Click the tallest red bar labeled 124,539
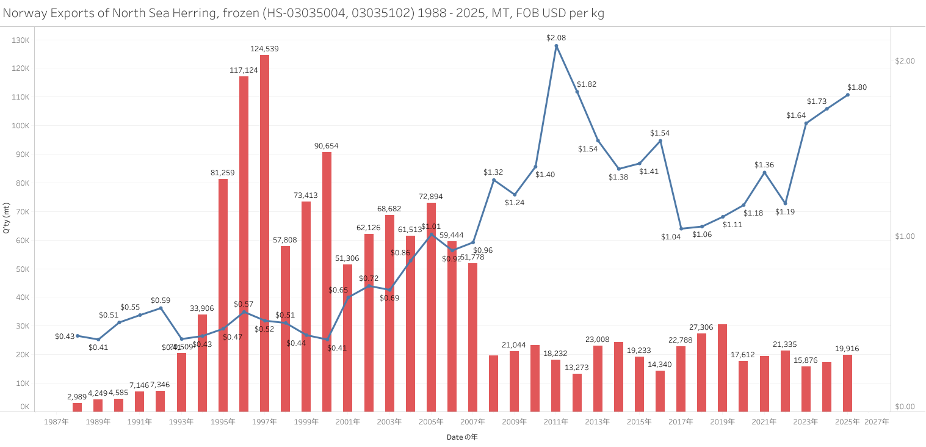pyautogui.click(x=264, y=232)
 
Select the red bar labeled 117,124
pyautogui.click(x=244, y=244)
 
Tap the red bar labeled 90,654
pyautogui.click(x=327, y=281)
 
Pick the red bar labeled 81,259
pyautogui.click(x=223, y=293)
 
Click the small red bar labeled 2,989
pyautogui.click(x=77, y=407)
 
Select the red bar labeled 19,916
pyautogui.click(x=847, y=383)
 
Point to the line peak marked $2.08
pyautogui.click(x=556, y=46)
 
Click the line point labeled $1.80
pyautogui.click(x=848, y=95)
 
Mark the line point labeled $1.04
pyautogui.click(x=681, y=229)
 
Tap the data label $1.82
pyautogui.click(x=586, y=84)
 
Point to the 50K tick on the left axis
pyautogui.click(x=22, y=269)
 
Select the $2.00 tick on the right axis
pyautogui.click(x=905, y=61)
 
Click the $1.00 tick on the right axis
pyautogui.click(x=905, y=236)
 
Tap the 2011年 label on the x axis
pyautogui.click(x=555, y=422)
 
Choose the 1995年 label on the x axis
pyautogui.click(x=223, y=422)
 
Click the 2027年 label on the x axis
pyautogui.click(x=877, y=422)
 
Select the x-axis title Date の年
pyautogui.click(x=462, y=437)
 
